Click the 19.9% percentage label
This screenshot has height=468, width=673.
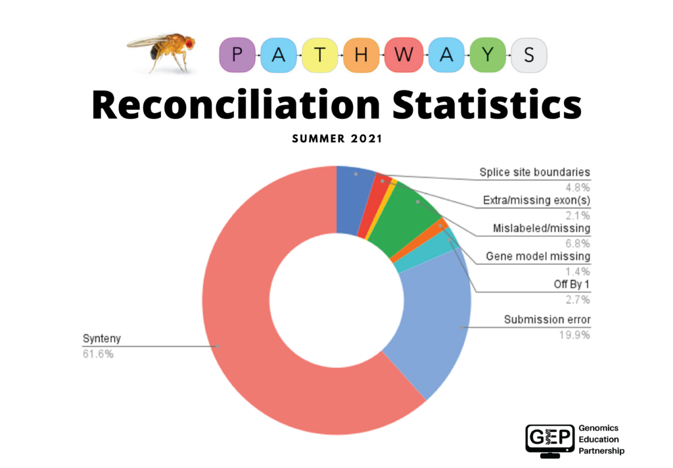(575, 335)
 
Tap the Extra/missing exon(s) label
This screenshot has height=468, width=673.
(536, 200)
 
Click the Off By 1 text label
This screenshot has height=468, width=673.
(572, 285)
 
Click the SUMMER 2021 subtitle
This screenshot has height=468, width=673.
(336, 139)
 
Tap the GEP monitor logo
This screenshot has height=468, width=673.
(549, 440)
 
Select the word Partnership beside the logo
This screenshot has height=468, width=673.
(601, 452)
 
